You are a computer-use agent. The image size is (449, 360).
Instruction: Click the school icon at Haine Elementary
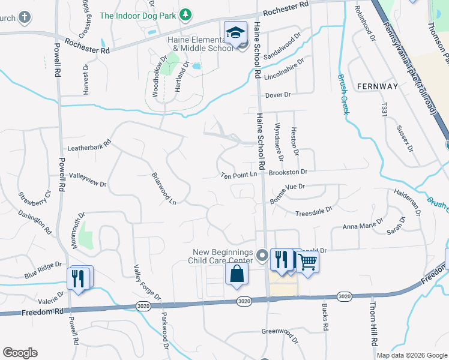236,32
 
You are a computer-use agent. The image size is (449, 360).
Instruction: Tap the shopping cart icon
307,261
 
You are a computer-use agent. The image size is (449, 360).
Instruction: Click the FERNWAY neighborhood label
377,86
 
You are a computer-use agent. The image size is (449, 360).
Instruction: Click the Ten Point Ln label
239,175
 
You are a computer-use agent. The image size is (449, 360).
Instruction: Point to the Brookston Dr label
288,172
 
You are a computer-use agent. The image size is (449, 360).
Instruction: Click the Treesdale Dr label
314,212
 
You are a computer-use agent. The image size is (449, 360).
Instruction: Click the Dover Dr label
278,95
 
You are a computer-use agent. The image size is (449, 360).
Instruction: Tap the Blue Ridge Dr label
43,269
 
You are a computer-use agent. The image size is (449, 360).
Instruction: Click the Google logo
20,353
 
